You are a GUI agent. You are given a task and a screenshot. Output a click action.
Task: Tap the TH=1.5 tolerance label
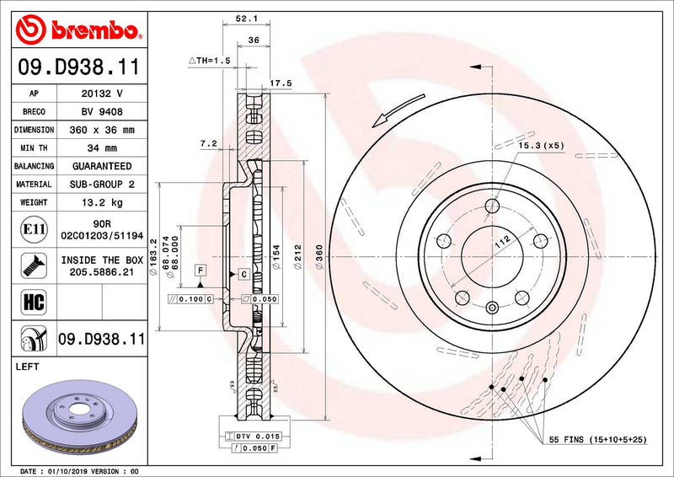[x=209, y=61]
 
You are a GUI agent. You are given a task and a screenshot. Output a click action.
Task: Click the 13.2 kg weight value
[x=101, y=202]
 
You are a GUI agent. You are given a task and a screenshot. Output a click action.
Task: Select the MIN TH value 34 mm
[x=101, y=148]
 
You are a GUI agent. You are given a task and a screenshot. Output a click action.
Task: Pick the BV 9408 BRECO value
[x=101, y=111]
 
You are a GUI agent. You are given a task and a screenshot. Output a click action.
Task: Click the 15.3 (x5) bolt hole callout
[x=541, y=146]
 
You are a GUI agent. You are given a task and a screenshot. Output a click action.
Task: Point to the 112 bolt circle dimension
[x=502, y=242]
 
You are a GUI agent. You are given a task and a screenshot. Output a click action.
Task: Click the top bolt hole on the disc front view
[x=493, y=206]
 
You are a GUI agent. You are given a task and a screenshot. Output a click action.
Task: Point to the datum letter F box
[x=201, y=270]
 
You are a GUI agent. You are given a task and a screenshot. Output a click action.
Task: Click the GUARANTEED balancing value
[x=101, y=166]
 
